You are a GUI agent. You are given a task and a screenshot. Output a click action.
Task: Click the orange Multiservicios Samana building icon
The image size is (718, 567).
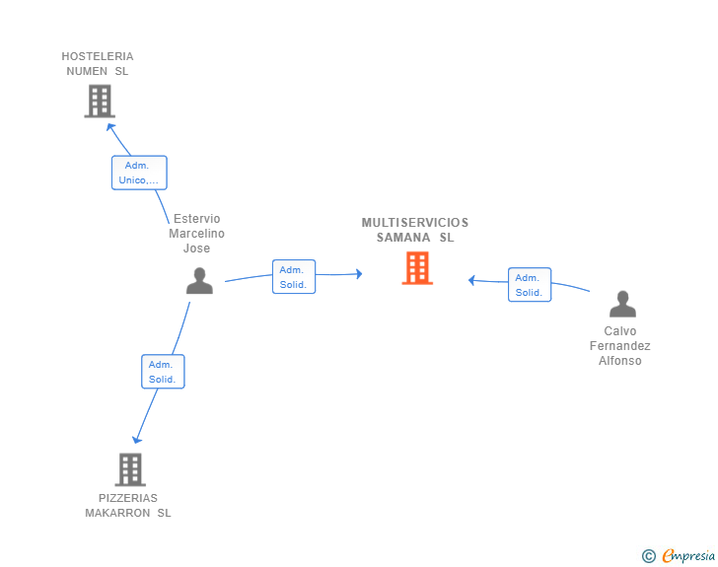(417, 268)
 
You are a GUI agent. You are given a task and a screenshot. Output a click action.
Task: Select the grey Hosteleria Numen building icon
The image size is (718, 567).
(99, 101)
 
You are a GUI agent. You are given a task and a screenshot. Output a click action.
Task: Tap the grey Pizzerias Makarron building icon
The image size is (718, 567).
(129, 469)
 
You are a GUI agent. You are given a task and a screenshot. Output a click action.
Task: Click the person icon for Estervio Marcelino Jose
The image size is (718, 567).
(199, 281)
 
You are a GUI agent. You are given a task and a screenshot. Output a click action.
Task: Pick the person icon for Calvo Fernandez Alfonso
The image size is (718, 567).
(621, 304)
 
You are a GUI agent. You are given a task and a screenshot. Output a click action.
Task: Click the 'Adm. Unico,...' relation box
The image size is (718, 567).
(139, 173)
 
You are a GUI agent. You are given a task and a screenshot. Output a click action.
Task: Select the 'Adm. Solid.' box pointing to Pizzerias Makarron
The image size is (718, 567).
(162, 372)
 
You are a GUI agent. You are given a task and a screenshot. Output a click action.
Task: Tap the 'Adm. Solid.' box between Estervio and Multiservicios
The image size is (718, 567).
(293, 277)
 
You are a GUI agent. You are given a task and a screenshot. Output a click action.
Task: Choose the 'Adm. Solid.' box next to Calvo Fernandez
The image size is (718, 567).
(529, 285)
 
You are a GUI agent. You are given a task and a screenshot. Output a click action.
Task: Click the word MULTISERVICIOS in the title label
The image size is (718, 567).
(415, 223)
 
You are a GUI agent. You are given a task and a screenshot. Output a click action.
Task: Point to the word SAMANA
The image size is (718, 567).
(403, 238)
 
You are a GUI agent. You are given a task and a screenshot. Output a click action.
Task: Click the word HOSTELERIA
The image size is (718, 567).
(98, 56)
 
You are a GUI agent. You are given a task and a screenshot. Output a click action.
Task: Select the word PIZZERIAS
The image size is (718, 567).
(127, 498)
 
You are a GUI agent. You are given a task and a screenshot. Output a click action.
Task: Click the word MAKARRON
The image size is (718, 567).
(117, 513)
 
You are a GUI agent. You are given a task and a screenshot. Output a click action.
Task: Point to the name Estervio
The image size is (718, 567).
(197, 219)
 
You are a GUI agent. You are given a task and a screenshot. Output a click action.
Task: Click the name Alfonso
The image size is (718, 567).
(620, 361)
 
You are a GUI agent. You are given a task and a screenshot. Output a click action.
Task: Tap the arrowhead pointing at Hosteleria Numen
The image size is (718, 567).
(110, 125)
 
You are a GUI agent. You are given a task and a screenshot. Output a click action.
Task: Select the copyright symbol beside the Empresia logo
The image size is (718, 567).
(648, 556)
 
